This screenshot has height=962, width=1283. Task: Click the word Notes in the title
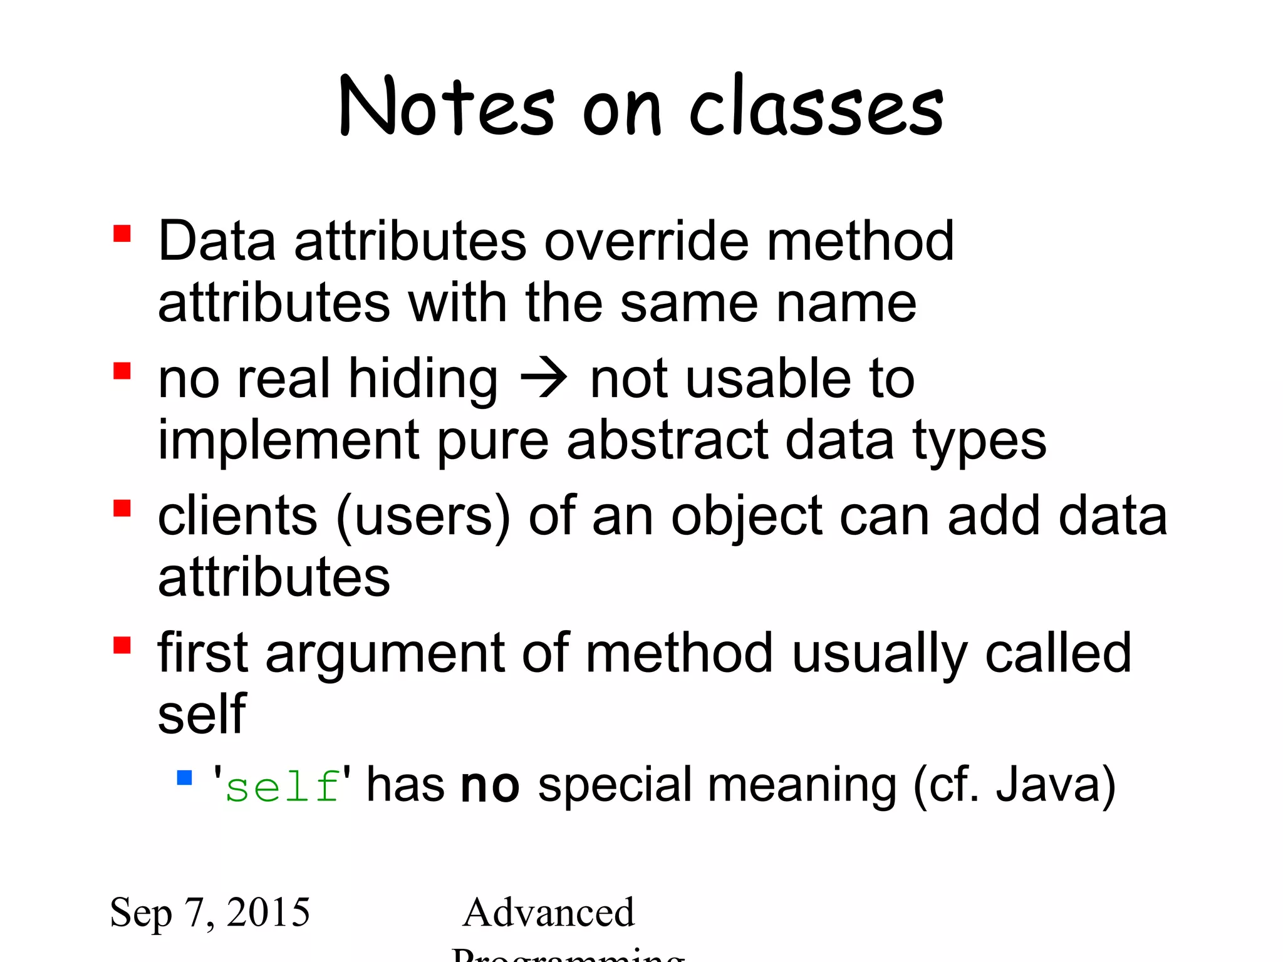tap(446, 106)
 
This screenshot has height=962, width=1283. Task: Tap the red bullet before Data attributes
tap(122, 234)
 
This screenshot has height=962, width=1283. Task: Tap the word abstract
tap(667, 440)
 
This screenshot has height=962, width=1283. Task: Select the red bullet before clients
tap(122, 508)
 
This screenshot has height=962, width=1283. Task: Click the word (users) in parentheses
tap(423, 517)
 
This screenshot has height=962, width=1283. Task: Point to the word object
tap(746, 517)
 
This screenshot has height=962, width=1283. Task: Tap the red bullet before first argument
tap(122, 645)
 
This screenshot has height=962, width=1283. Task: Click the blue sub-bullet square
tap(184, 778)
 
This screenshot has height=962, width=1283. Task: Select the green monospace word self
tap(283, 786)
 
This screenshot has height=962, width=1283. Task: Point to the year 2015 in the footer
tap(268, 912)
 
